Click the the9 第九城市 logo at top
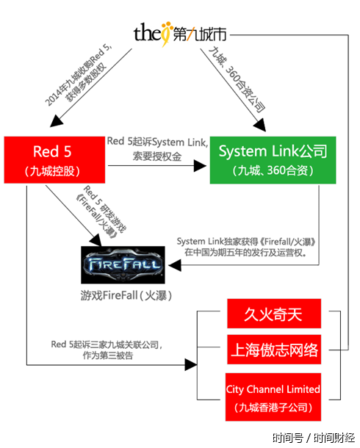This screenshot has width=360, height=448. pyautogui.click(x=180, y=33)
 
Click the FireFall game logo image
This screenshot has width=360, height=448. pyautogui.click(x=123, y=264)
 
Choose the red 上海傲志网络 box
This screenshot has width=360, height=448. pyautogui.click(x=274, y=349)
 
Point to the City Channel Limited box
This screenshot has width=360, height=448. pyautogui.click(x=273, y=397)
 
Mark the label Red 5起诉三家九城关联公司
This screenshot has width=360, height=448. pyautogui.click(x=107, y=344)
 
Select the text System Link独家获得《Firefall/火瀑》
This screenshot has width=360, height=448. pyautogui.click(x=246, y=241)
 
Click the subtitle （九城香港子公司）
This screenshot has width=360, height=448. pyautogui.click(x=273, y=406)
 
